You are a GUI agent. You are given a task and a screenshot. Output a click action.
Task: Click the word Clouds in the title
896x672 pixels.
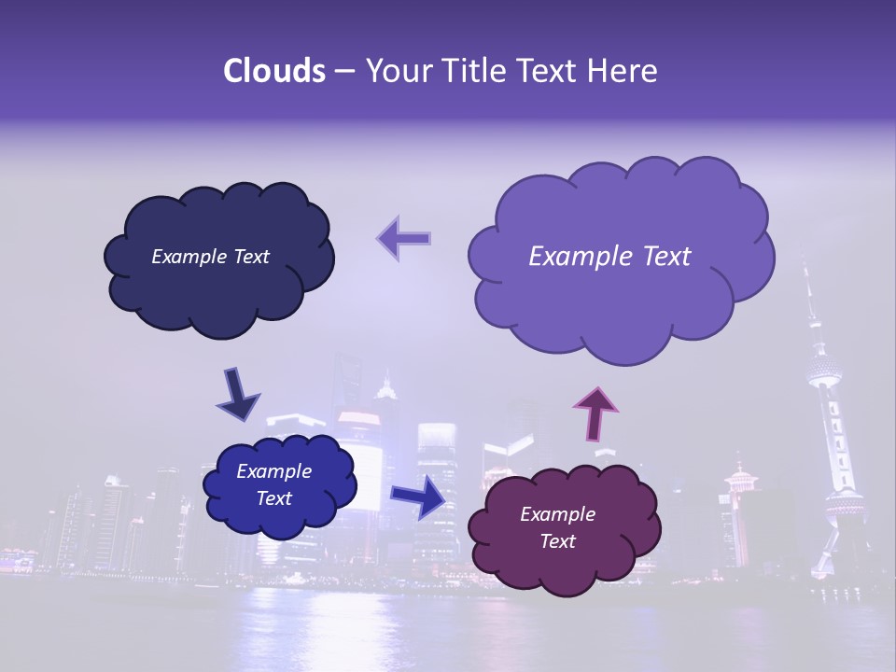click(x=274, y=71)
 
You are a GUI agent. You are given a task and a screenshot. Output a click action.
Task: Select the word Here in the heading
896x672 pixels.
click(x=625, y=71)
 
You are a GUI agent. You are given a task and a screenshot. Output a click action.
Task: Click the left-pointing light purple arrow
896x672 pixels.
click(x=403, y=238)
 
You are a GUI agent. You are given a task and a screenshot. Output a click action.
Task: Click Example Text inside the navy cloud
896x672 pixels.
click(x=210, y=257)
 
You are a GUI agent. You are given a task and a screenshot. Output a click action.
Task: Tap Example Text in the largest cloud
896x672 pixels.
click(x=609, y=257)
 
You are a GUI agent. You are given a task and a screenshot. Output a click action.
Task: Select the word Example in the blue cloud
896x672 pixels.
click(x=273, y=472)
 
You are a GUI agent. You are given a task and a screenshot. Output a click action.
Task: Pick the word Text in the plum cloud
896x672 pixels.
click(x=557, y=541)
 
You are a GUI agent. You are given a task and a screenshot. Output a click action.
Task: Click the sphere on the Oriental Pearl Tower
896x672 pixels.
click(x=823, y=371)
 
